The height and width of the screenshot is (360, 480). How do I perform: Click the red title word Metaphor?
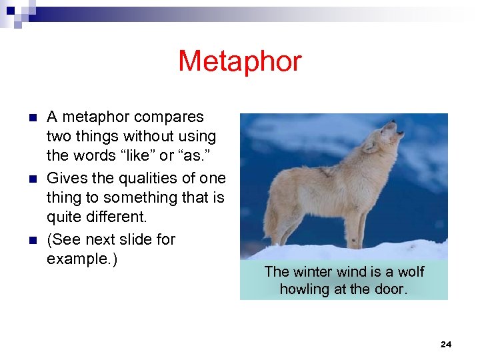(x=239, y=62)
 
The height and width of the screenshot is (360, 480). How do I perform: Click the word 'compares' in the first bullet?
(x=169, y=117)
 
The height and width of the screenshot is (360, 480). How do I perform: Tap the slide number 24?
(x=446, y=344)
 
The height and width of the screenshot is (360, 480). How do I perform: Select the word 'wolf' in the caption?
(x=411, y=272)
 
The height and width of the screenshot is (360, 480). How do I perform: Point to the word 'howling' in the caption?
(x=305, y=289)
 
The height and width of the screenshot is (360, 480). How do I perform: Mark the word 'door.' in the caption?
(x=391, y=289)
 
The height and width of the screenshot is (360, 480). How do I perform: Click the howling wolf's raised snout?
(x=398, y=128)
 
